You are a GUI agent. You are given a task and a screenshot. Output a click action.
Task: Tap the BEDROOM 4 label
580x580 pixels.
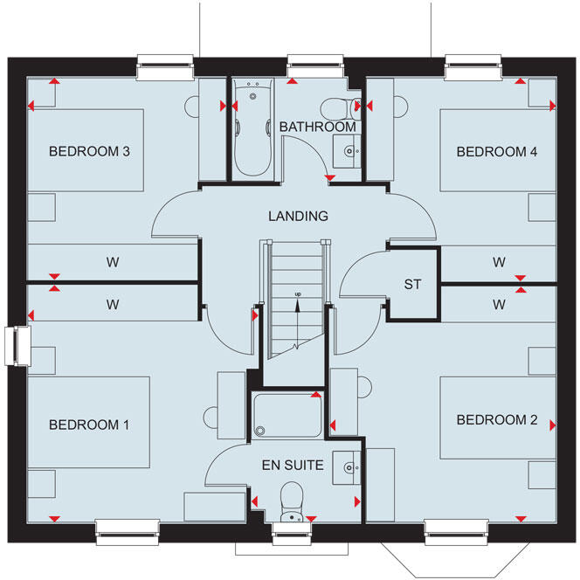[497, 152]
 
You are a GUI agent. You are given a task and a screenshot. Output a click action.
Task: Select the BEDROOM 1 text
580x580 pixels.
[89, 425]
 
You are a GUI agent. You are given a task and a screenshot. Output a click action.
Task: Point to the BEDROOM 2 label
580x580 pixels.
[497, 420]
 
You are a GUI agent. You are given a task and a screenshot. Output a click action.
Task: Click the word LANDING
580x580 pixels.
[298, 216]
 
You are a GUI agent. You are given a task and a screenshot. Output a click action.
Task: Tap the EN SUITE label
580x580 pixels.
[294, 466]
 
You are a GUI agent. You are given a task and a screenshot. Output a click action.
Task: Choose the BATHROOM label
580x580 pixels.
[317, 128]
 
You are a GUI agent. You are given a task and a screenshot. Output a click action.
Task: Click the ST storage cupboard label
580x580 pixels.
[412, 285]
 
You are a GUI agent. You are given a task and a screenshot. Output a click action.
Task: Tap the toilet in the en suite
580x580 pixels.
[291, 501]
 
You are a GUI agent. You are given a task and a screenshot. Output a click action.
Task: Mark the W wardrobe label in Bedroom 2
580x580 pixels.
[499, 305]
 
